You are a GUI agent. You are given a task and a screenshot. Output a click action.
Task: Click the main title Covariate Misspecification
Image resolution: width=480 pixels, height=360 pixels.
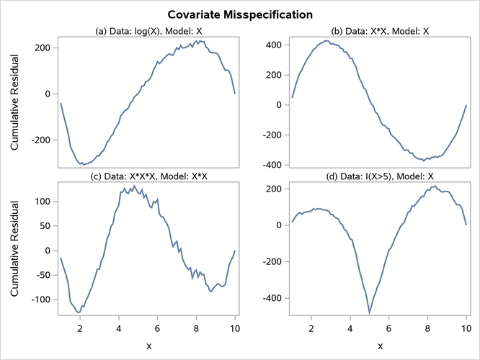click(240, 14)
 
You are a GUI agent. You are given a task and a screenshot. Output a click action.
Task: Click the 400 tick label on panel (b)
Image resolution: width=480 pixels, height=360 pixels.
click(271, 45)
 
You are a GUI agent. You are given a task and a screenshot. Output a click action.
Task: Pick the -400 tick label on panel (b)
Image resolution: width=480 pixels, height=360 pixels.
click(269, 165)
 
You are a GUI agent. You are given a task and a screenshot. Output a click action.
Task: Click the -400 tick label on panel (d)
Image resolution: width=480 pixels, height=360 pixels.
click(269, 298)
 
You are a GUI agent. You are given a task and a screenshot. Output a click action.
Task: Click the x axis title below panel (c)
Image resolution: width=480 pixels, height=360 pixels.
click(148, 346)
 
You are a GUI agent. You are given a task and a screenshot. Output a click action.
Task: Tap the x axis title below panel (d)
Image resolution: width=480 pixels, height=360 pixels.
click(380, 346)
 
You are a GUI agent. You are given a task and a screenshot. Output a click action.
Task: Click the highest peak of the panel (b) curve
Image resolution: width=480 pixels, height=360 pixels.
click(326, 41)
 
